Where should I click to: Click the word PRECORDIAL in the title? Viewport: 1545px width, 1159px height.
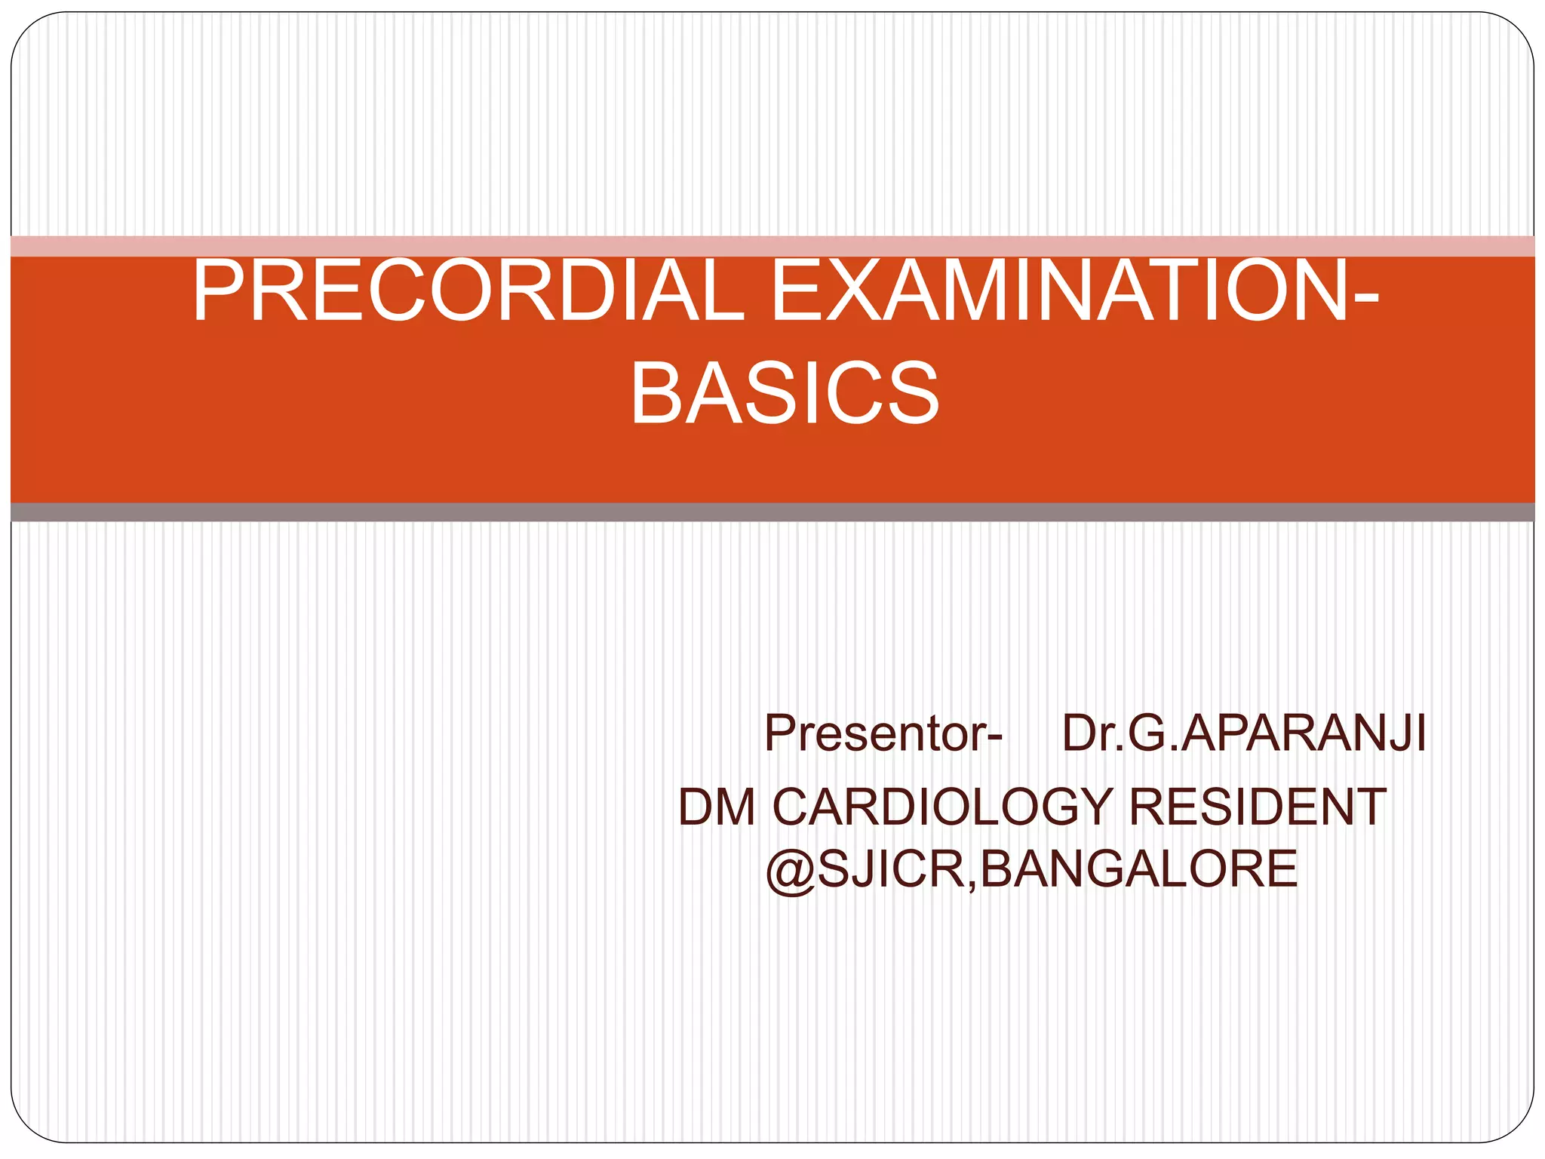pyautogui.click(x=468, y=291)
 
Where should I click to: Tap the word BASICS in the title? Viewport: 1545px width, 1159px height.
pyautogui.click(x=785, y=393)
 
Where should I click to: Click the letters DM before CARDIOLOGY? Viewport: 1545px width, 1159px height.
pyautogui.click(x=717, y=807)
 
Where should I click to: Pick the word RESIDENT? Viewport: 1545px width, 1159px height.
pyautogui.click(x=1257, y=807)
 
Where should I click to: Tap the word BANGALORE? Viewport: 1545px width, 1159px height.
pyautogui.click(x=1139, y=869)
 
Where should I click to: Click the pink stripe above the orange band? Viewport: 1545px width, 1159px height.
pyautogui.click(x=772, y=246)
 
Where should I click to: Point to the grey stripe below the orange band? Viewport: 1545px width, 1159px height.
pyautogui.click(x=772, y=512)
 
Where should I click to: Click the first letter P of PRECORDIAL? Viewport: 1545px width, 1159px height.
pyautogui.click(x=218, y=291)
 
